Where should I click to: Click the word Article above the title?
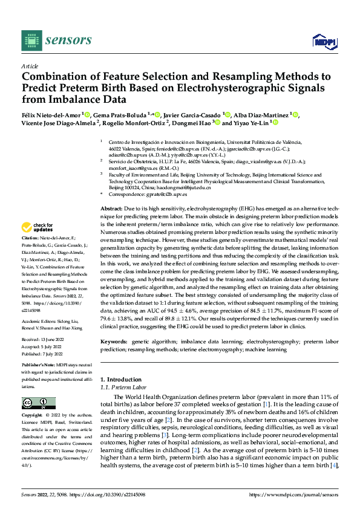pyautogui.click(x=30, y=66)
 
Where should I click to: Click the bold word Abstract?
pyautogui.click(x=113, y=207)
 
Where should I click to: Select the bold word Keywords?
pyautogui.click(x=115, y=341)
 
